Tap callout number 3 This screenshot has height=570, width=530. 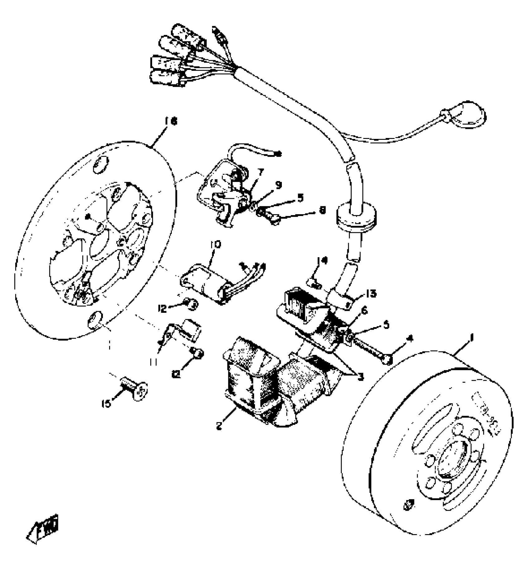[361, 377]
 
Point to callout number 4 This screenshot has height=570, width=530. [410, 338]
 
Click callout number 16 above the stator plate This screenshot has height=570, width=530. [171, 121]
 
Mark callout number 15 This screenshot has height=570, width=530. [106, 404]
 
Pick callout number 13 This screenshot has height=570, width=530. [371, 293]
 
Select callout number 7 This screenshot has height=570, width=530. [261, 172]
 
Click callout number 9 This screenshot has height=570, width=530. [278, 185]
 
